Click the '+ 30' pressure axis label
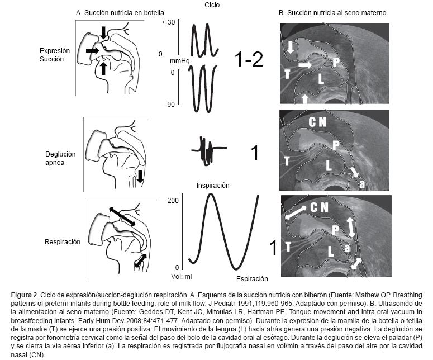point(168,22)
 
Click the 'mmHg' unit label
point(178,60)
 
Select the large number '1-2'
point(248,60)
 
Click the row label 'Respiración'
point(63,242)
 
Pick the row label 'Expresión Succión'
point(55,54)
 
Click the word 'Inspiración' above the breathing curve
point(212,186)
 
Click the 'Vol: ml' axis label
point(181,276)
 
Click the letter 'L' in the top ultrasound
point(321,79)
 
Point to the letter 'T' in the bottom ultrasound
point(287,247)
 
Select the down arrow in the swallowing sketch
point(140,178)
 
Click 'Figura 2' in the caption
point(26,293)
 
